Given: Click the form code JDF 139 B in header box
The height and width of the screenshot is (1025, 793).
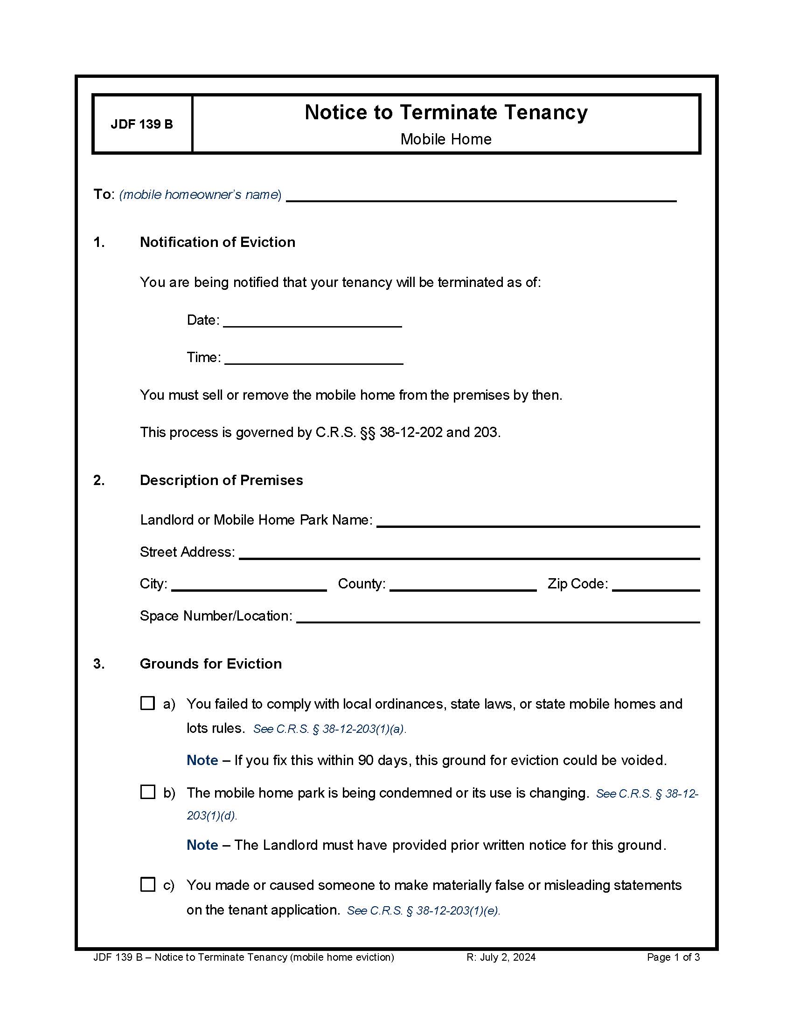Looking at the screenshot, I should [x=141, y=124].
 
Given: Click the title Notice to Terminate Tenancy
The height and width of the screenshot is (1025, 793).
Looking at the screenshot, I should [x=446, y=113].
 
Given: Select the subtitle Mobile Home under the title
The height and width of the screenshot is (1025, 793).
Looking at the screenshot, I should [x=446, y=139].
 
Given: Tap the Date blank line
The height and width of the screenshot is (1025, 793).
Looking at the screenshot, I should [x=313, y=321].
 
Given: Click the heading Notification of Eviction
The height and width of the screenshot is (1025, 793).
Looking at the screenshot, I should [x=217, y=242].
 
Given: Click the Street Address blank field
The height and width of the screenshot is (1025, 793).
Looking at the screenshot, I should [x=469, y=553].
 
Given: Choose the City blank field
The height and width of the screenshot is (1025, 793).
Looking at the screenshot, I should [x=249, y=585].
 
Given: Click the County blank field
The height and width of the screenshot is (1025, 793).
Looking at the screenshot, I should [x=463, y=585].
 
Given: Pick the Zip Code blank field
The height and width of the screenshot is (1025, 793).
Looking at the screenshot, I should [x=656, y=585].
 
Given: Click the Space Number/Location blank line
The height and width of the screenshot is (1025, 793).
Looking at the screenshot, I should [x=498, y=617].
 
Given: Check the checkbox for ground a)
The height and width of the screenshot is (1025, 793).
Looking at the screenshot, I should [x=147, y=703].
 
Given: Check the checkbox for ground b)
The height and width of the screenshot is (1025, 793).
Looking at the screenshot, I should [x=147, y=792].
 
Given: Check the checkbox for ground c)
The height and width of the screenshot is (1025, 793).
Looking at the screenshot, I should [x=147, y=884].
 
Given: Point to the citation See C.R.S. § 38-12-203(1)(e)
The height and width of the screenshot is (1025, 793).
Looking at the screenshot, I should [x=423, y=911].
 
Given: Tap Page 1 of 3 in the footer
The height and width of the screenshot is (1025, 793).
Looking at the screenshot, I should [x=673, y=957].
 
